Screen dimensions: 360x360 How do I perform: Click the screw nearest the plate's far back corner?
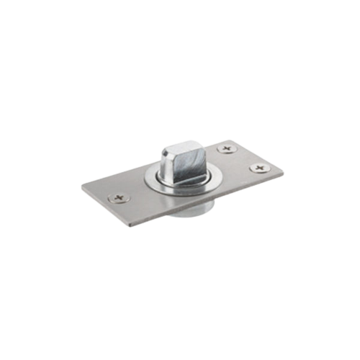click(x=228, y=149)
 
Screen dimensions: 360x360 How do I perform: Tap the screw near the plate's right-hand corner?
click(x=258, y=168)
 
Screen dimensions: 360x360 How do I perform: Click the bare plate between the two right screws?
click(x=243, y=159)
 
